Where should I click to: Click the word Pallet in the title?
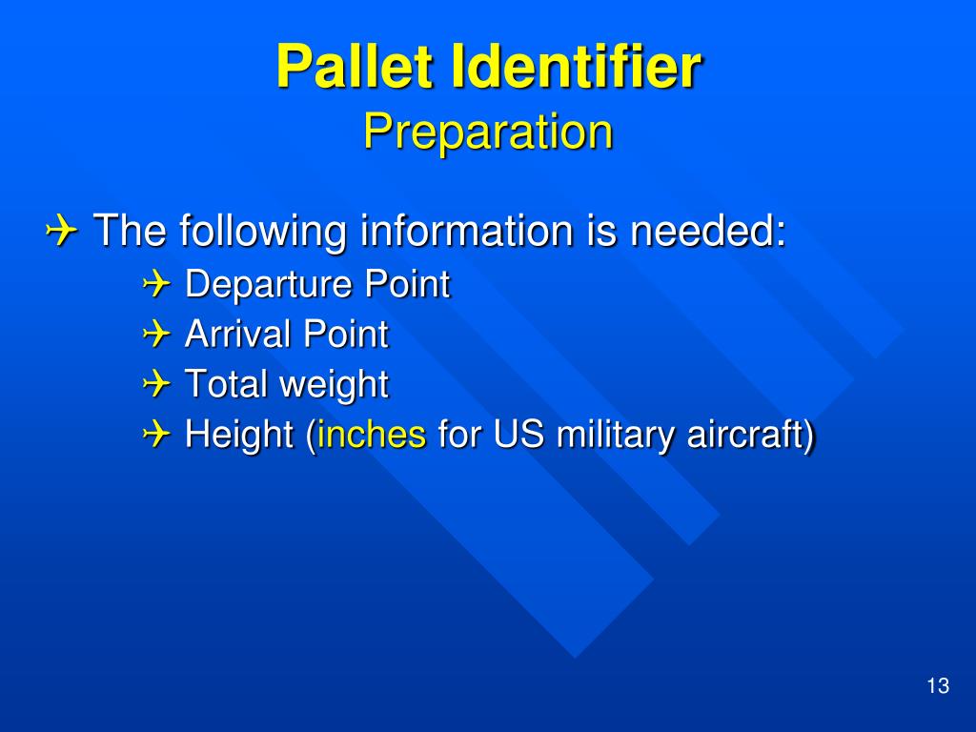[x=355, y=66]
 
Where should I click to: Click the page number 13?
[x=938, y=685]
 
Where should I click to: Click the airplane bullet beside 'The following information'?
[x=61, y=232]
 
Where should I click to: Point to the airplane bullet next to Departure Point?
[x=156, y=284]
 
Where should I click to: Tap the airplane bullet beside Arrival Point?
[x=156, y=335]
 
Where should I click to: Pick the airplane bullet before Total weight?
[x=156, y=384]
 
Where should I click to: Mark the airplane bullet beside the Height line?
[x=156, y=434]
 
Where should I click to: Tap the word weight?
[x=335, y=386]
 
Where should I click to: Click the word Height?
[x=239, y=435]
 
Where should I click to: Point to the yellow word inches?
[x=372, y=434]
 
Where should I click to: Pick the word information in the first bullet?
[x=466, y=231]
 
